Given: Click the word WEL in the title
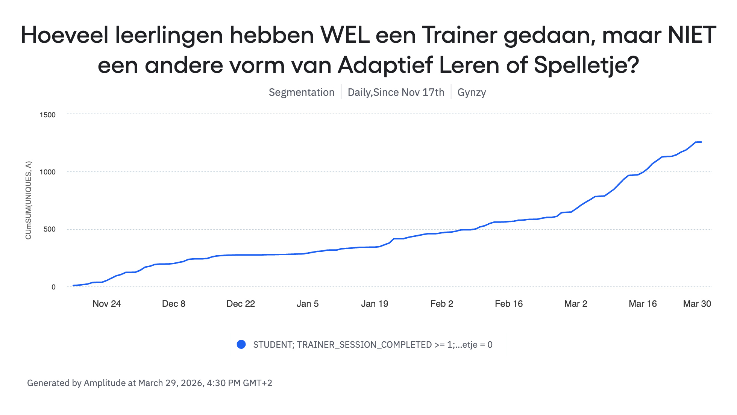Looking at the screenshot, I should (x=344, y=35).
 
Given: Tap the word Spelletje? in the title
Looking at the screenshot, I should (x=586, y=65).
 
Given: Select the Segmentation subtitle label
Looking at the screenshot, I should (x=302, y=92).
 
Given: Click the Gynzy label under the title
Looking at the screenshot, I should (x=472, y=92).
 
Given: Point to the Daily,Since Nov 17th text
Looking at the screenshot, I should (x=396, y=92).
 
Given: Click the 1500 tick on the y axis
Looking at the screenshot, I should (x=48, y=115).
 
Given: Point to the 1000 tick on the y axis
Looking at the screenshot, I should (x=48, y=172).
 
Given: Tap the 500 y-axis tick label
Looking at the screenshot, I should (x=50, y=229).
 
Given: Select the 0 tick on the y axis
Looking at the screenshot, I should (x=53, y=287).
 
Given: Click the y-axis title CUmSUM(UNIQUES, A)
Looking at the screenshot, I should (x=29, y=200).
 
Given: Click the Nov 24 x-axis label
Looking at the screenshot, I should (x=106, y=304).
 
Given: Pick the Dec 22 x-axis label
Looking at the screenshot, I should (x=241, y=304).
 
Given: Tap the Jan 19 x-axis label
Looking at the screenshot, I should (x=375, y=304).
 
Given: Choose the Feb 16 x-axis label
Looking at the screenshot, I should (x=509, y=304).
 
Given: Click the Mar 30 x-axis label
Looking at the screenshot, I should (x=697, y=304).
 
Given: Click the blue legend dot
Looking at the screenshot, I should (x=241, y=344).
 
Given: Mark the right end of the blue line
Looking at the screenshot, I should (x=701, y=142).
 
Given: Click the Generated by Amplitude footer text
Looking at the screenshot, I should (x=149, y=383).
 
